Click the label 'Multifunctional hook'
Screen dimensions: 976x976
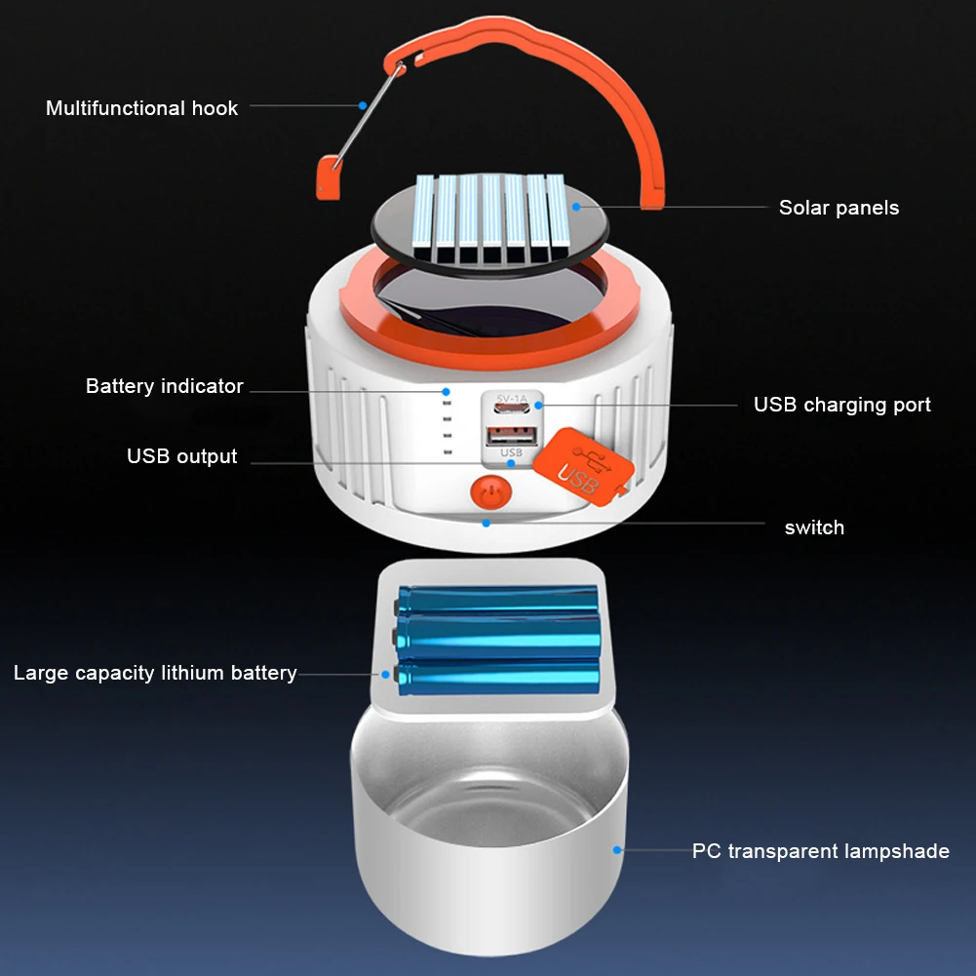[x=141, y=108]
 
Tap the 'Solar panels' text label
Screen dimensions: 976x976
[x=839, y=208]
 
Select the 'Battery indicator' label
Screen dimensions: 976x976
[x=164, y=386]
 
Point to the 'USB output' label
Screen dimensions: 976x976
[x=181, y=456]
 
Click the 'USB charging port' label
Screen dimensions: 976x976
[x=841, y=405]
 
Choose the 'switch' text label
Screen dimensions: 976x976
[x=814, y=527]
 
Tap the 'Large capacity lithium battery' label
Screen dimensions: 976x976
[x=155, y=673]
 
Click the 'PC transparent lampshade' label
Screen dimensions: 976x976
[x=820, y=851]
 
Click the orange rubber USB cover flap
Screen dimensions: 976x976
[x=584, y=464]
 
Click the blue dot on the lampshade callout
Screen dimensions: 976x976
[x=616, y=850]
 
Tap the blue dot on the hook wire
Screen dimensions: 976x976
[x=362, y=104]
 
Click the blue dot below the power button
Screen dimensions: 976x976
[x=485, y=522]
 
